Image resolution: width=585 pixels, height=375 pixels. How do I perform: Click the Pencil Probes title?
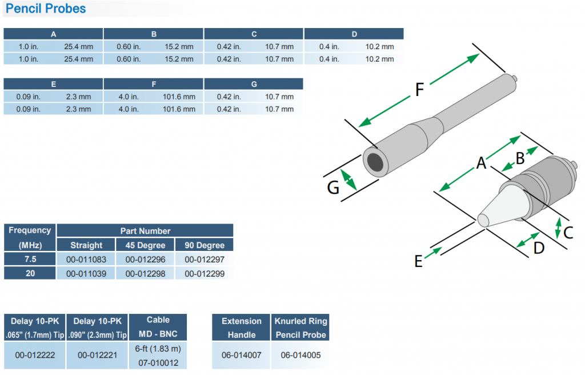point(45,9)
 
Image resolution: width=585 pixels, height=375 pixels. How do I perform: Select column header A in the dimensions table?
point(53,34)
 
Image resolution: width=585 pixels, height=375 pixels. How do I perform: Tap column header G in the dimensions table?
point(253,84)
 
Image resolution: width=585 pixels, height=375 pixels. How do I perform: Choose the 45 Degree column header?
point(145,245)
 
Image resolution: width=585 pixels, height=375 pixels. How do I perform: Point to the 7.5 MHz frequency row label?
point(30,260)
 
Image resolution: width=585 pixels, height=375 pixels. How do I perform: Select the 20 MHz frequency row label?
point(30,274)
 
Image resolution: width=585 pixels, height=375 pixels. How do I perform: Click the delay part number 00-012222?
point(35,355)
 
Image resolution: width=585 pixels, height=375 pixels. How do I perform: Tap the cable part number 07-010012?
point(158,362)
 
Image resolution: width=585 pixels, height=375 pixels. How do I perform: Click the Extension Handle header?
point(241,328)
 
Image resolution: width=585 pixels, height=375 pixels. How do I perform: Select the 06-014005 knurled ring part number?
point(300,355)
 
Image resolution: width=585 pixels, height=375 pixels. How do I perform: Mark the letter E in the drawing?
point(418,261)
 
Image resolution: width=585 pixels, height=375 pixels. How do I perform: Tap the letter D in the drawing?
point(539,248)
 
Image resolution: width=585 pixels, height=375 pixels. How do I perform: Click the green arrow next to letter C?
point(559,228)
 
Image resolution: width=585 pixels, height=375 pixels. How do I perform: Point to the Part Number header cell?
point(145,231)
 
